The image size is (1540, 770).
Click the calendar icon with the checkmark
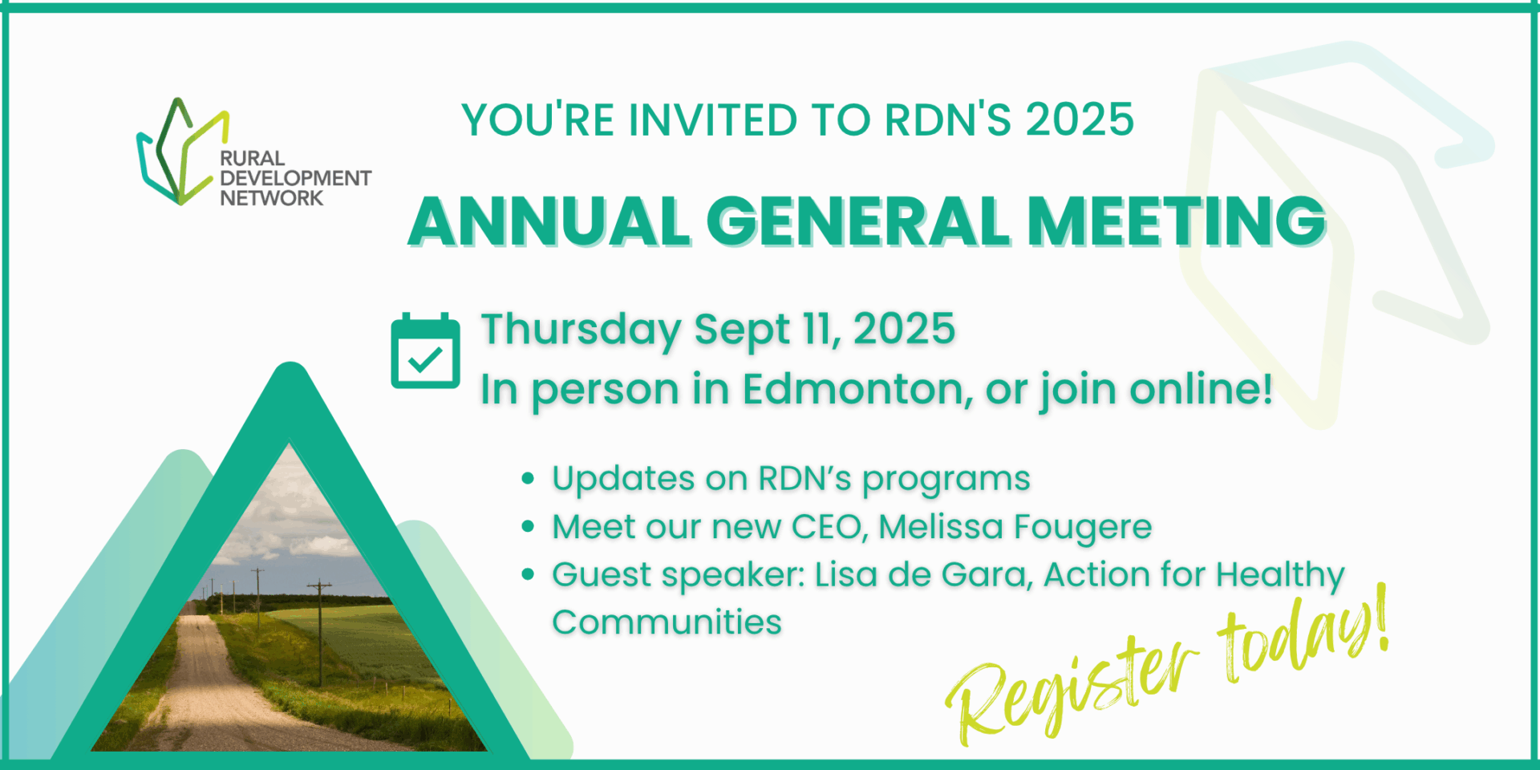click(425, 351)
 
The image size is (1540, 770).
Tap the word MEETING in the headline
click(1177, 221)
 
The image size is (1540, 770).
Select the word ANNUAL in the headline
click(549, 221)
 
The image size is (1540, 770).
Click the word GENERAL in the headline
click(858, 221)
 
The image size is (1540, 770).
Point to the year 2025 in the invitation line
click(1080, 120)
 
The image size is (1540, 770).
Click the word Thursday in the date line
click(581, 330)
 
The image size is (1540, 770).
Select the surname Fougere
click(1083, 528)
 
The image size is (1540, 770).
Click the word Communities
click(667, 622)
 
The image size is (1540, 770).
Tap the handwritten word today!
click(1303, 634)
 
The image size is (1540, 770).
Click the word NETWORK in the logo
click(272, 198)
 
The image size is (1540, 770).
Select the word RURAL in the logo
click(253, 158)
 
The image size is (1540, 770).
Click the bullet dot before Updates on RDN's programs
click(528, 479)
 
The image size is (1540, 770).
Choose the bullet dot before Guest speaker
click(528, 574)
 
